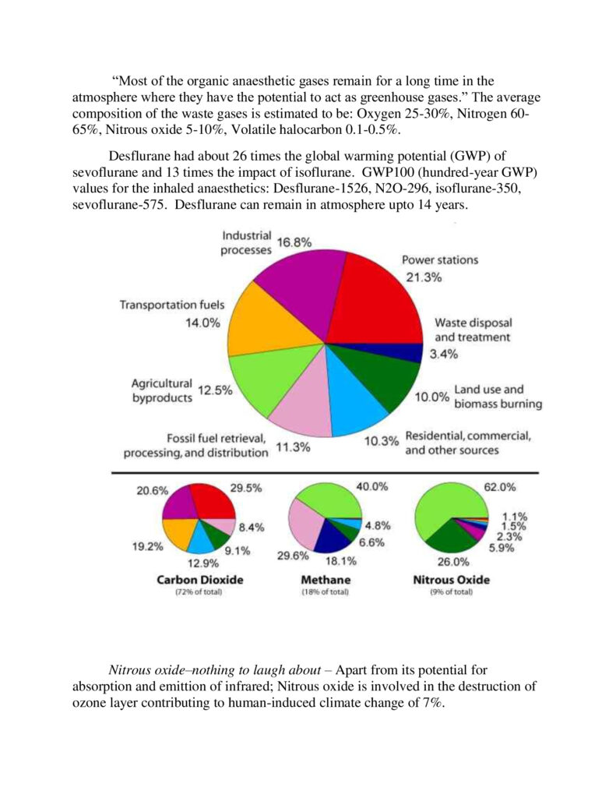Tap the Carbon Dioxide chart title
[200, 580]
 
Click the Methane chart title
[325, 580]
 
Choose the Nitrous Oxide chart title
[452, 580]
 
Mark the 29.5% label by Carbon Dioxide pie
[246, 488]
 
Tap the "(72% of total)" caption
[200, 593]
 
